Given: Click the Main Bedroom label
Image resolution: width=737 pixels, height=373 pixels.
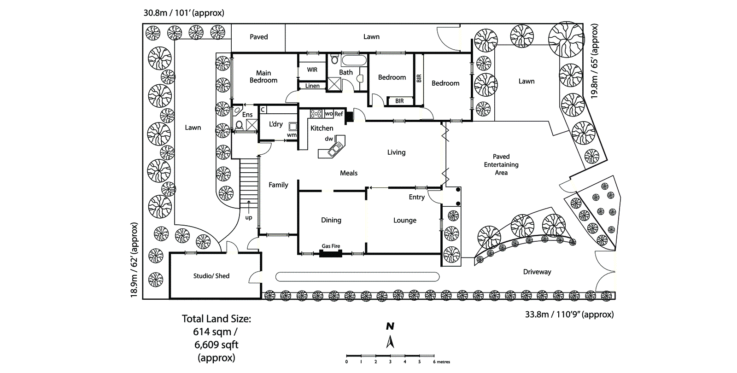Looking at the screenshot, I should tap(263, 76).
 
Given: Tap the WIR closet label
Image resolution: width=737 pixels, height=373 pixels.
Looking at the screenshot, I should tap(312, 70).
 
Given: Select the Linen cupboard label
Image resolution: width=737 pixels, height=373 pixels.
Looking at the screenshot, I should tap(312, 86).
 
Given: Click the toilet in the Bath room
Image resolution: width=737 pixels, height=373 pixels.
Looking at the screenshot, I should tap(335, 60).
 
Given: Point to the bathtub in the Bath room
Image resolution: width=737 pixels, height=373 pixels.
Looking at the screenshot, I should tap(354, 60).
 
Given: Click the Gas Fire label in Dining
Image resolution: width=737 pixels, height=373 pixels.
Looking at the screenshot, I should tap(331, 246).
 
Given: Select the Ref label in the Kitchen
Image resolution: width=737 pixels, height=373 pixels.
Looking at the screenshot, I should tap(339, 114).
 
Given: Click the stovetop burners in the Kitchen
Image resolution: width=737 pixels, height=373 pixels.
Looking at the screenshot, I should tap(316, 113).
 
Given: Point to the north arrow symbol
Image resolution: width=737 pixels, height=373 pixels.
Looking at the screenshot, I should tap(390, 341).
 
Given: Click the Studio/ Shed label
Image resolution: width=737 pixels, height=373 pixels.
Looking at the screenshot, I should tap(211, 276).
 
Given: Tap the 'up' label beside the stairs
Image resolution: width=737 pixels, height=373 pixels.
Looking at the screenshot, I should tap(249, 217).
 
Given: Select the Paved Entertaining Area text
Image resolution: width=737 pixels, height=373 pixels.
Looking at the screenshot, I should tap(501, 164).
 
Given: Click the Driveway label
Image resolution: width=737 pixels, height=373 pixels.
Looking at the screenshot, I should tap(537, 272).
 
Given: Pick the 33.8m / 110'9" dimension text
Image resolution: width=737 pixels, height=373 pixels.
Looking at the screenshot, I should tap(569, 315).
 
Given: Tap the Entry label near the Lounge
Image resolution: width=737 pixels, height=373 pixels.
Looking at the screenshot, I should tap(417, 197).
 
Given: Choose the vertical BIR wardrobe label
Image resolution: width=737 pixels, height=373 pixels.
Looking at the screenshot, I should tap(419, 78).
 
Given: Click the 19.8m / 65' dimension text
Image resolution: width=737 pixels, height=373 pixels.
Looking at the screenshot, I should tap(595, 61).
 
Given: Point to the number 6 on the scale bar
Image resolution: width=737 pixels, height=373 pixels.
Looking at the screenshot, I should tap(434, 362).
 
